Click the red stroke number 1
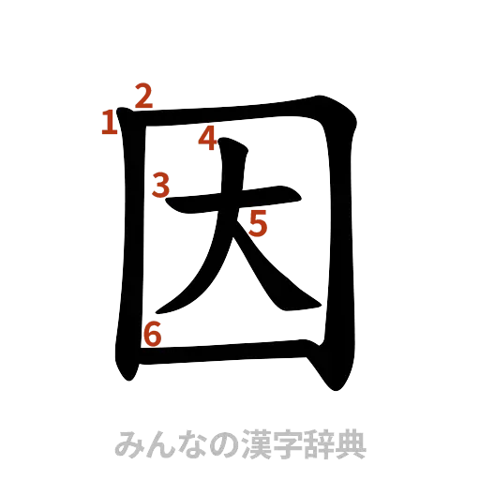109,121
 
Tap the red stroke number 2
144,96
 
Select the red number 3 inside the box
162,185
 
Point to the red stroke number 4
207,140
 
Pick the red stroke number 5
259,223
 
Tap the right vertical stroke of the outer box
344,244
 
